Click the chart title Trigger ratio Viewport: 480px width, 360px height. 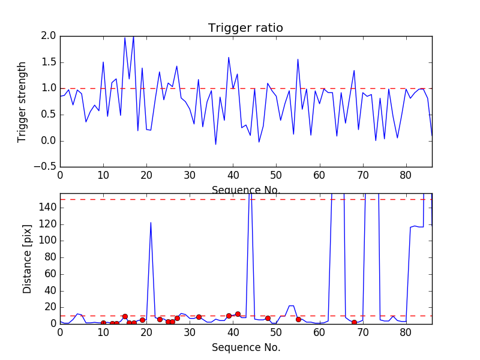pyautogui.click(x=245, y=28)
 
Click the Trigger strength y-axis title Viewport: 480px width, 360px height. pyautogui.click(x=22, y=101)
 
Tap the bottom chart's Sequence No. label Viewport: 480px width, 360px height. pyautogui.click(x=245, y=347)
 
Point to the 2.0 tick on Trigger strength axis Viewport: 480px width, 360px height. pyautogui.click(x=49, y=36)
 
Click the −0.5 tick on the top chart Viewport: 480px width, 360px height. pyautogui.click(x=45, y=167)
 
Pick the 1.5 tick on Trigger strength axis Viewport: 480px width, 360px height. pyautogui.click(x=49, y=62)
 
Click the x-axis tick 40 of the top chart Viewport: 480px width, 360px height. pyautogui.click(x=233, y=175)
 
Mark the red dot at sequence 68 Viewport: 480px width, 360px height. pyautogui.click(x=354, y=322)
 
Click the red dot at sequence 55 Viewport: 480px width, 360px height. pyautogui.click(x=298, y=319)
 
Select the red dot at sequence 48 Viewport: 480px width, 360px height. pyautogui.click(x=268, y=318)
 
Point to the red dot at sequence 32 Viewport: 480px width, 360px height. pyautogui.click(x=199, y=317)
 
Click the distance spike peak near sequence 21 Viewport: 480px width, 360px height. pyautogui.click(x=151, y=223)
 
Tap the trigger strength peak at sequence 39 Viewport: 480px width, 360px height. pyautogui.click(x=229, y=58)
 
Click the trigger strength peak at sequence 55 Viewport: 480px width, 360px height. pyautogui.click(x=298, y=59)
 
